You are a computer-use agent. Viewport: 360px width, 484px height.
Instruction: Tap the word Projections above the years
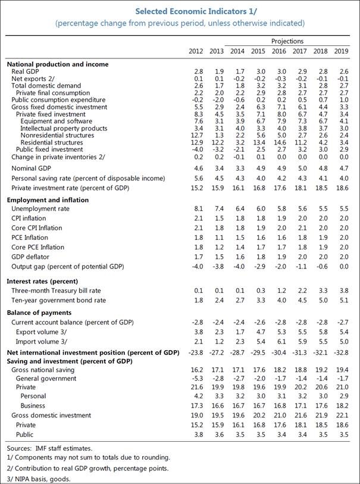click(x=287, y=41)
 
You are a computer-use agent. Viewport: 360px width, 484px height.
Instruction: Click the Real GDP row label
click(x=26, y=71)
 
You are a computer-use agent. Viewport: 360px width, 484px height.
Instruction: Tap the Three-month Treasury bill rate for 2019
click(x=343, y=290)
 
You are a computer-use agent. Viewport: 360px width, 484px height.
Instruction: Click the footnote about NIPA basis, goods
click(x=38, y=478)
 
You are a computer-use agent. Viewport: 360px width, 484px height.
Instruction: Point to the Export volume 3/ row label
click(x=40, y=332)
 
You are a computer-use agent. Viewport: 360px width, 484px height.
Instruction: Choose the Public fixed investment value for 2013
click(x=217, y=149)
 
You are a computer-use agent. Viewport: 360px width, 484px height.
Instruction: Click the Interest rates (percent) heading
click(x=43, y=280)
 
